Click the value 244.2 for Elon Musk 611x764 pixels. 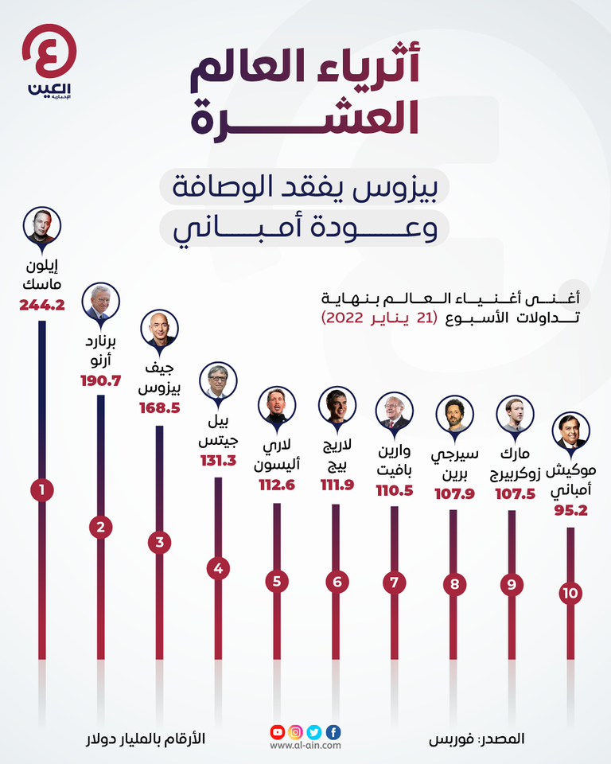coord(41,306)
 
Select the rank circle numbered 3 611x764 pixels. coord(160,544)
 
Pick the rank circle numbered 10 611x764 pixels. coord(570,593)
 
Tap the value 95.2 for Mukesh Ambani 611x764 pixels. coord(570,512)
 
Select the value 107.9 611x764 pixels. coord(454,494)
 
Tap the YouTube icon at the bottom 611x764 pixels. coord(277,732)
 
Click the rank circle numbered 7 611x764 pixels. coord(394,582)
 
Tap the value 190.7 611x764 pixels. coord(100,380)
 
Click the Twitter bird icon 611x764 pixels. coord(314,732)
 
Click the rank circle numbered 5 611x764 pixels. coord(277,581)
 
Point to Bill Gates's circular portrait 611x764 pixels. coord(218,380)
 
